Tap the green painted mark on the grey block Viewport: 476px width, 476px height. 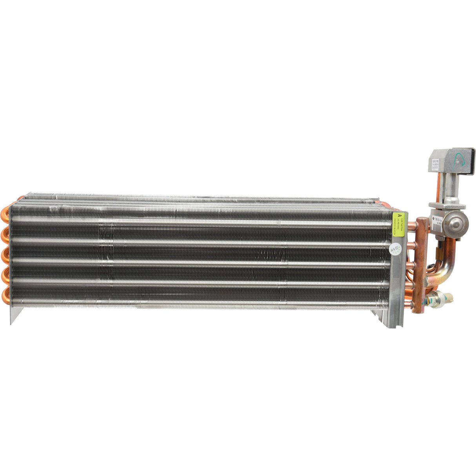click(458, 160)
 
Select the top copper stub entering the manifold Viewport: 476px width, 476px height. click(412, 225)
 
